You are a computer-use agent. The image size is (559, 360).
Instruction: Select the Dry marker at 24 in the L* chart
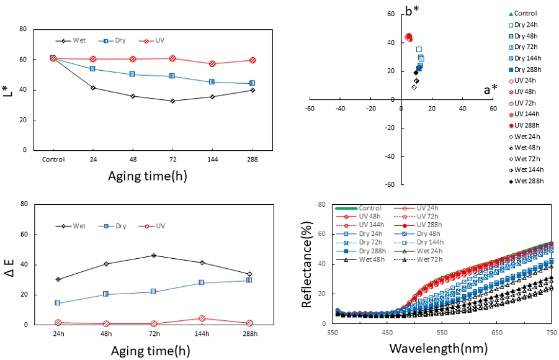(92, 69)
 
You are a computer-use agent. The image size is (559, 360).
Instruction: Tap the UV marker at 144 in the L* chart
(212, 63)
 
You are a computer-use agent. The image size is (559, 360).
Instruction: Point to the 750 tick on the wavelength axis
(551, 333)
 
